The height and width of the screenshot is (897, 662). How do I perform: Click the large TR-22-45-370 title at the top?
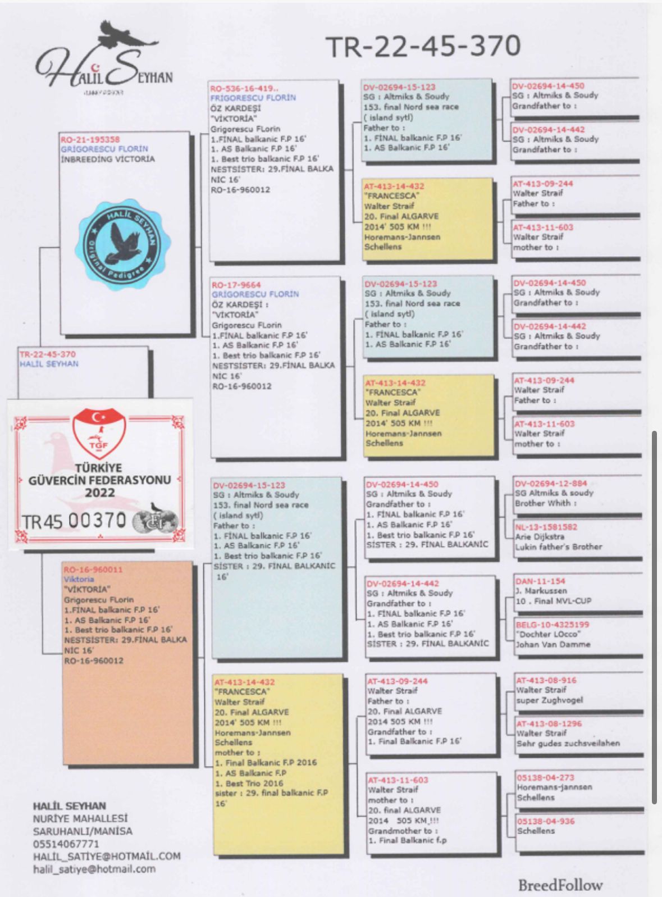coord(423,46)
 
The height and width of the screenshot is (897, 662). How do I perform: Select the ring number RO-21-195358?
coord(90,139)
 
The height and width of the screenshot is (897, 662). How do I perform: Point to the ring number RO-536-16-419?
coord(244,88)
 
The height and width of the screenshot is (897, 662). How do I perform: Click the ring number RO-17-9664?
coord(236,285)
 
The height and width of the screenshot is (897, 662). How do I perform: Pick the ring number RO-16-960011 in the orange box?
coord(93,570)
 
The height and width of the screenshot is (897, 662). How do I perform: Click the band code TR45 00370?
coord(74,521)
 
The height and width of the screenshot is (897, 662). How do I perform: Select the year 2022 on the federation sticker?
coord(100,493)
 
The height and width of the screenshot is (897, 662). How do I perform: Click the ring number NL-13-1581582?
coord(546,527)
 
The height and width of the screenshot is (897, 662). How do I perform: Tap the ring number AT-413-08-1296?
coord(549,724)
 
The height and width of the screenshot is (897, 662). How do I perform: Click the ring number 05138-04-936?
coord(546,821)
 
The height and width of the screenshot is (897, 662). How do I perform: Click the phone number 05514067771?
coord(66,844)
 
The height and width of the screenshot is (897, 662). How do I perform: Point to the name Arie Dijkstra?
coord(540,537)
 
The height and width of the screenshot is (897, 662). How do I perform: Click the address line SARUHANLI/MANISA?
coord(83,831)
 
